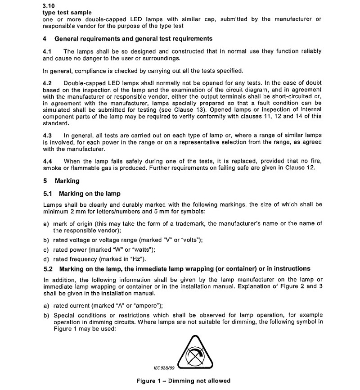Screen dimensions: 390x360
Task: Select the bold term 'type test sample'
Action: tap(65, 13)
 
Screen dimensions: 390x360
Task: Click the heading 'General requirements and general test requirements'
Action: tap(134, 39)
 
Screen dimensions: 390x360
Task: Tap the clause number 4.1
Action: tap(47, 52)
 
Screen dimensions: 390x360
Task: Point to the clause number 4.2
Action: tap(47, 84)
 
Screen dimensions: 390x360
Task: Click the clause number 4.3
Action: tap(47, 136)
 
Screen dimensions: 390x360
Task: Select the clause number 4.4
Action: tap(47, 161)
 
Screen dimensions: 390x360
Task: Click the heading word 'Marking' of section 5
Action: tap(67, 181)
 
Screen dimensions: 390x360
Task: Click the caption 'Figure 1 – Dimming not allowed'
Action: tap(183, 381)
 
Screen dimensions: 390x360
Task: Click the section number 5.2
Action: tap(48, 269)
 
